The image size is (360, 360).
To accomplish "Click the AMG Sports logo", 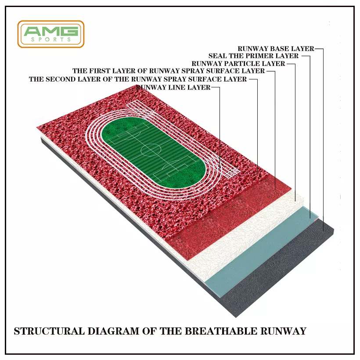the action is pyautogui.click(x=51, y=34).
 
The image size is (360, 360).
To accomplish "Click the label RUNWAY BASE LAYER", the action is pyautogui.click(x=276, y=49).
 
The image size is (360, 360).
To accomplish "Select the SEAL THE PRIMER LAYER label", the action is pyautogui.click(x=253, y=56).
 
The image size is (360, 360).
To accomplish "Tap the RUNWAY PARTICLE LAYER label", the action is pyautogui.click(x=238, y=63).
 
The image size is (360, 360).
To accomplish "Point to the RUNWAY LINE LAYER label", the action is pyautogui.click(x=173, y=87).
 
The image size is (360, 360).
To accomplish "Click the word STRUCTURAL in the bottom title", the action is pyautogui.click(x=49, y=331).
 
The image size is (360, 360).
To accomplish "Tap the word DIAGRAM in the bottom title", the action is pyautogui.click(x=113, y=331).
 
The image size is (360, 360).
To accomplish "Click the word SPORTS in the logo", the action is pyautogui.click(x=51, y=40).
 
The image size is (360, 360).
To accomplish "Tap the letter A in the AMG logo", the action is pyautogui.click(x=32, y=31).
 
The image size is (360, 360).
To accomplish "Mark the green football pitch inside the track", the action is pyautogui.click(x=153, y=153).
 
